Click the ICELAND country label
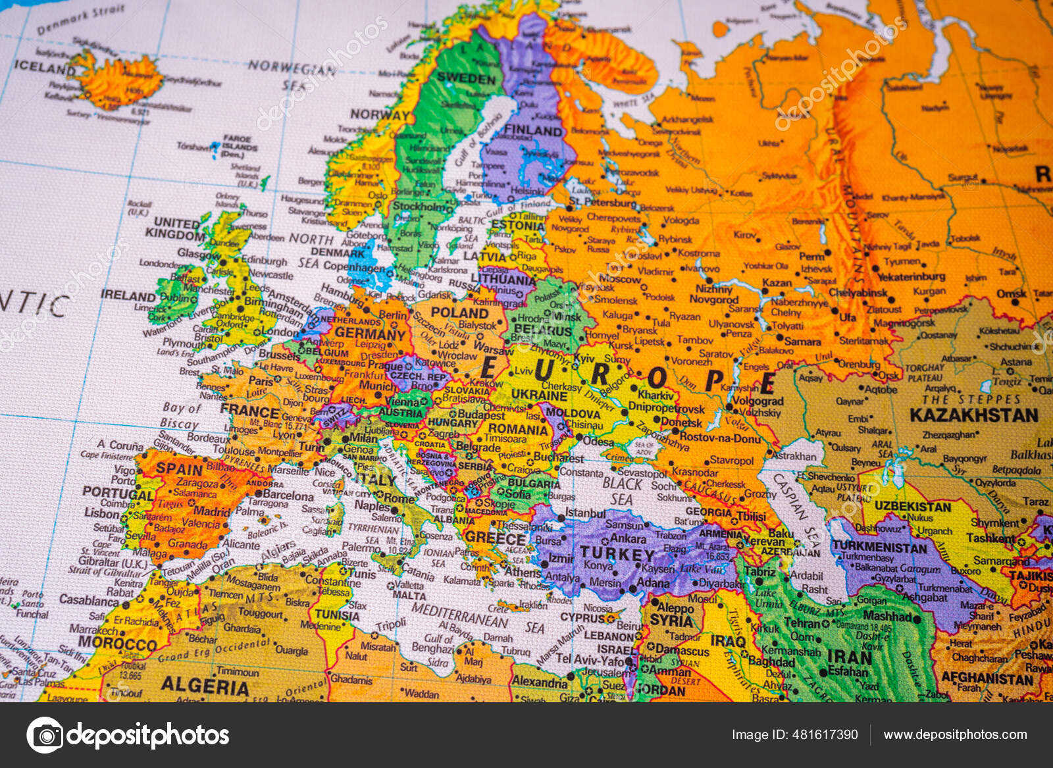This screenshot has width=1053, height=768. pos(45,67)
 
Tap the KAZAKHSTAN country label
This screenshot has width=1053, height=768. pos(973,415)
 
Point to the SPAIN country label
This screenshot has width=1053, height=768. pos(179,469)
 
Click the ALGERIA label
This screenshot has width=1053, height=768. pos(205,686)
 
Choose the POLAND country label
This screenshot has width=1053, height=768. pos(459,313)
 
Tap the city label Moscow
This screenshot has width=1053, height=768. pos(619,279)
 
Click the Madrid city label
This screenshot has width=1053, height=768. pos(212,511)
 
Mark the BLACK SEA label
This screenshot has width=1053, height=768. pos(622,491)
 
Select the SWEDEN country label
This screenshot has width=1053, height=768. pos(466,78)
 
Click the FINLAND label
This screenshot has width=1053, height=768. pos(533,130)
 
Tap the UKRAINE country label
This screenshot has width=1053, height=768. pos(539,395)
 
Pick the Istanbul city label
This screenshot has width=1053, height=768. pos(584,513)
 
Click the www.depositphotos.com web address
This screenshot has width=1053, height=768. pos(955,734)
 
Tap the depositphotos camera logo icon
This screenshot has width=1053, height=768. pos(45,734)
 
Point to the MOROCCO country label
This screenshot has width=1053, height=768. pos(116,642)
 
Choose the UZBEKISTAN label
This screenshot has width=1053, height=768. pos(912,507)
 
